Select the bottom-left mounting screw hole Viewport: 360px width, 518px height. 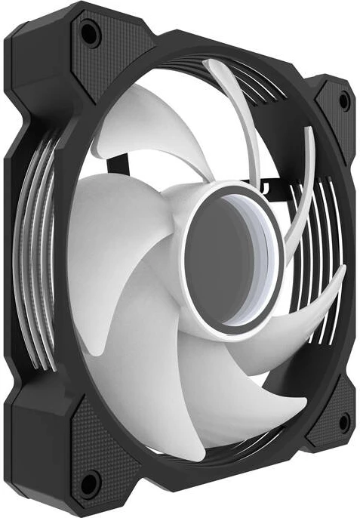[90, 479]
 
